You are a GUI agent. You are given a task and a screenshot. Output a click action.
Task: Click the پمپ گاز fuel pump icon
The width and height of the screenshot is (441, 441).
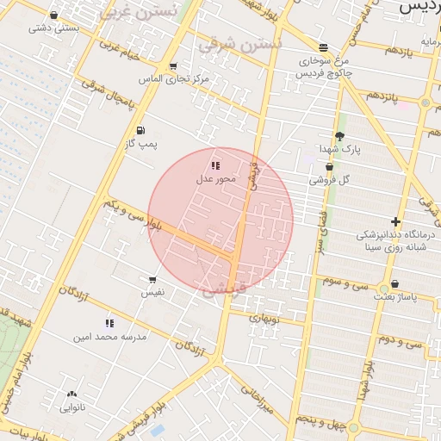(140, 131)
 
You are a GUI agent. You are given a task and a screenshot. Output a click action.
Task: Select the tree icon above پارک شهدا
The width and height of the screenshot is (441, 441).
(339, 136)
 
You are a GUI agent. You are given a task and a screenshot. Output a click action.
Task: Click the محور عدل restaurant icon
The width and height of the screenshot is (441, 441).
(214, 165)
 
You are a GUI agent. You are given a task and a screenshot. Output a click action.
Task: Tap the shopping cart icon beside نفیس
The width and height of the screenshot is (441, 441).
(152, 280)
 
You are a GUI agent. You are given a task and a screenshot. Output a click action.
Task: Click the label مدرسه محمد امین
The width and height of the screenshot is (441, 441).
(110, 337)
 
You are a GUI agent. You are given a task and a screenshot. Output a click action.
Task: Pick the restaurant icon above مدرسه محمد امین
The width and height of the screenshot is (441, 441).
(109, 323)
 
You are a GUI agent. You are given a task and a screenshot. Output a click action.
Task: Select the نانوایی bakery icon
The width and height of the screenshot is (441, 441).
(71, 394)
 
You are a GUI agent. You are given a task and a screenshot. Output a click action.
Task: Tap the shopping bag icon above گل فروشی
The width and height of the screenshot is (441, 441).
(330, 167)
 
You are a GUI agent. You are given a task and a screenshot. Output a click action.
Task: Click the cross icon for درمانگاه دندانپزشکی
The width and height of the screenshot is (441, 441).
(395, 221)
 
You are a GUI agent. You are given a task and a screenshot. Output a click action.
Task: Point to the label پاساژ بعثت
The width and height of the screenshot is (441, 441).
(394, 296)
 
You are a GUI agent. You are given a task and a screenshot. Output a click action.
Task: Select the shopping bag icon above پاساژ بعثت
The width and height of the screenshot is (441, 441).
(394, 283)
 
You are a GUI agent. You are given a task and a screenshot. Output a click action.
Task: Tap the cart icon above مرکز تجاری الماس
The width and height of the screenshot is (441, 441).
(173, 66)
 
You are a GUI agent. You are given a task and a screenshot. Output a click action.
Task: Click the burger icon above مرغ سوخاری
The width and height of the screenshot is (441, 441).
(323, 47)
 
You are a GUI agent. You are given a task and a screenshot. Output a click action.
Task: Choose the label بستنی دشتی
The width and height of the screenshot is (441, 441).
(54, 28)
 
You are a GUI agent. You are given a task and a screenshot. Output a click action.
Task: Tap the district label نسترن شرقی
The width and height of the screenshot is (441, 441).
(239, 44)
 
